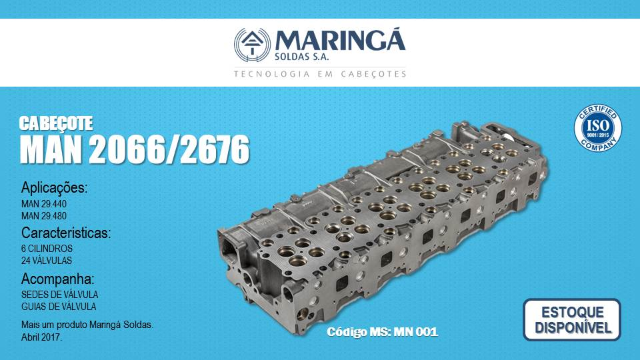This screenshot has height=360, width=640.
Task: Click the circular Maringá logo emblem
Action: pyautogui.click(x=252, y=45)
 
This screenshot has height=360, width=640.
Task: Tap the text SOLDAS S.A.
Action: pyautogui.click(x=301, y=57)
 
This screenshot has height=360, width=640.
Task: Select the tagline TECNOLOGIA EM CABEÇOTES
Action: pyautogui.click(x=320, y=74)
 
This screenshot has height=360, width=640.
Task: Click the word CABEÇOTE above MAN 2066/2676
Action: pyautogui.click(x=56, y=123)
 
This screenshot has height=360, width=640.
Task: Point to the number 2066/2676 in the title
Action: pyautogui.click(x=169, y=149)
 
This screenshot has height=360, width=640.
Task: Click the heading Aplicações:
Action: pyautogui.click(x=54, y=188)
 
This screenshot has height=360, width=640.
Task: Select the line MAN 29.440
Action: pyautogui.click(x=44, y=204)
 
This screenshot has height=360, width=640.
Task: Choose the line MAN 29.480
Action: pyautogui.click(x=44, y=215)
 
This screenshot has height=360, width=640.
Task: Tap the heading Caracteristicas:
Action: pyautogui.click(x=66, y=233)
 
